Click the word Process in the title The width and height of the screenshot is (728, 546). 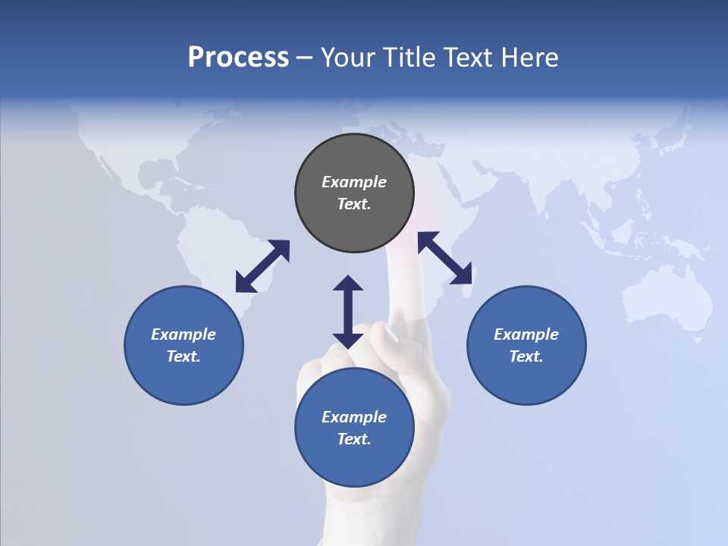238,58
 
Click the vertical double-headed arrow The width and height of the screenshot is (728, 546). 348,312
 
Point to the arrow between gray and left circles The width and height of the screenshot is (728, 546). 262,266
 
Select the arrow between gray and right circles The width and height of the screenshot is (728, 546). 445,258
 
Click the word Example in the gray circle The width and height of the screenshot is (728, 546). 354,182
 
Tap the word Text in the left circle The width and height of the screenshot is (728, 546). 184,356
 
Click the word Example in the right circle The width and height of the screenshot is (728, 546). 526,334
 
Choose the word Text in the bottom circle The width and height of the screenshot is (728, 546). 354,439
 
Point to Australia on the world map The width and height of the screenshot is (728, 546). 667,300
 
